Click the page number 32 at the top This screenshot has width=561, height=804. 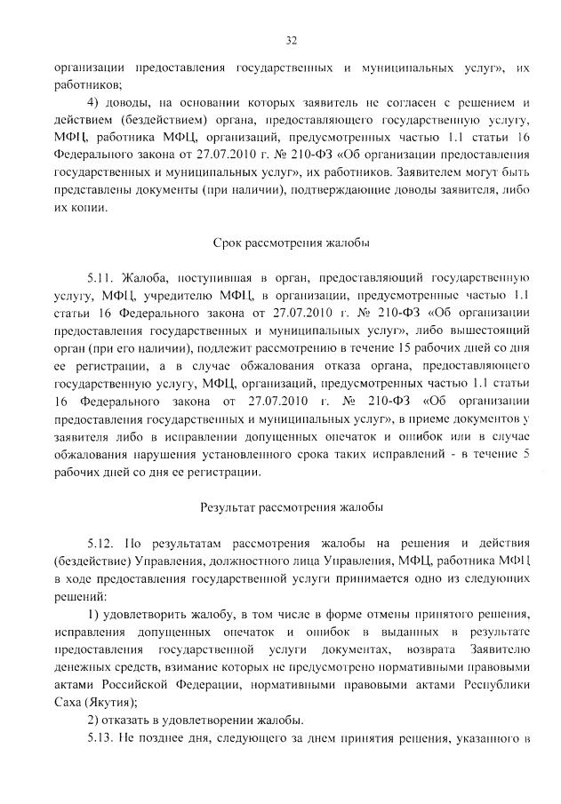pos(291,40)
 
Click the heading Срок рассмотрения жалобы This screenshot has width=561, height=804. pos(291,242)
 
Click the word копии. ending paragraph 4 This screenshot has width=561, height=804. pos(89,208)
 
